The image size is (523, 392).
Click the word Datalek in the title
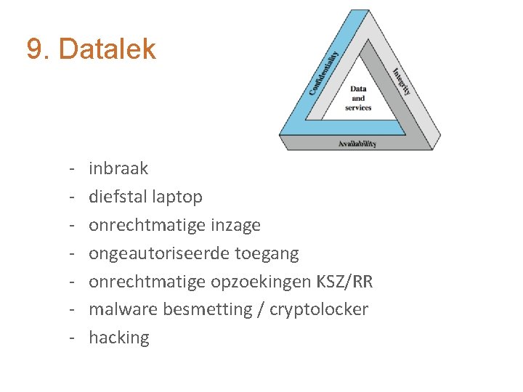[x=107, y=49]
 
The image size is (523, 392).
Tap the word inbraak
[x=118, y=168]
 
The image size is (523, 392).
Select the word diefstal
[x=119, y=197]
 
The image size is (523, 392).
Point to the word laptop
[x=179, y=197]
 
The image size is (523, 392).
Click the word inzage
[x=235, y=225]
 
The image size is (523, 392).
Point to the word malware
[x=123, y=309]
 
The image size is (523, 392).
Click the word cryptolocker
[x=319, y=309]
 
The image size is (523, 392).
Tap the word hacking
[x=118, y=338]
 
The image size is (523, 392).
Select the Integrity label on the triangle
[x=401, y=81]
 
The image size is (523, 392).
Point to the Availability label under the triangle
[x=357, y=144]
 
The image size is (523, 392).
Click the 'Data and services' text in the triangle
[x=358, y=99]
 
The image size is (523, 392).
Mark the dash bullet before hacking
[x=74, y=338]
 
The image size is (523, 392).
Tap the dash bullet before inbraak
[x=74, y=168]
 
